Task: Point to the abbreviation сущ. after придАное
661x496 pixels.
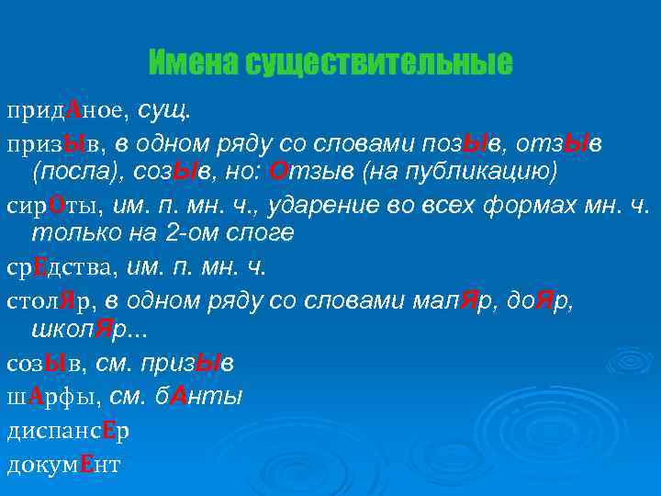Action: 166,111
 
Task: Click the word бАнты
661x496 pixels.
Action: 197,396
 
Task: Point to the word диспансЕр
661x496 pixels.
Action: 67,430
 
